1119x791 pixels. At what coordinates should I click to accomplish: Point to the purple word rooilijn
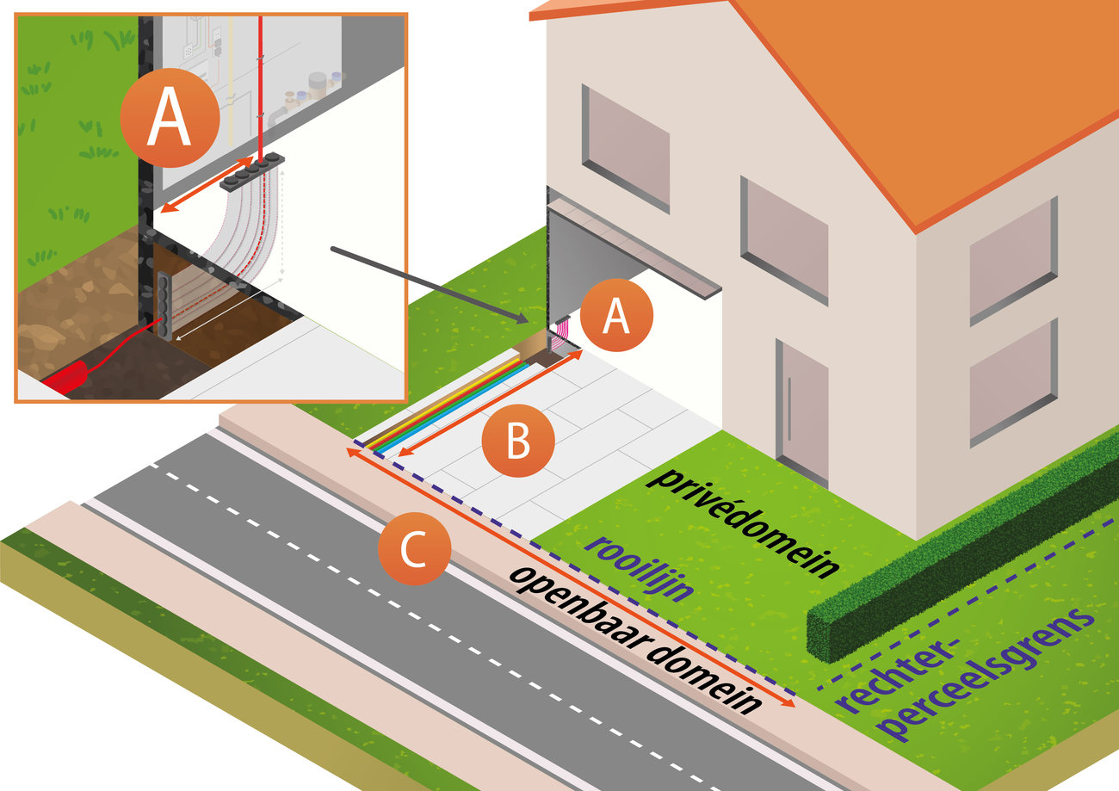click(x=637, y=565)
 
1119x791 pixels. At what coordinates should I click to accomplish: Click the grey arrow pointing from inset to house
click(x=430, y=285)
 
